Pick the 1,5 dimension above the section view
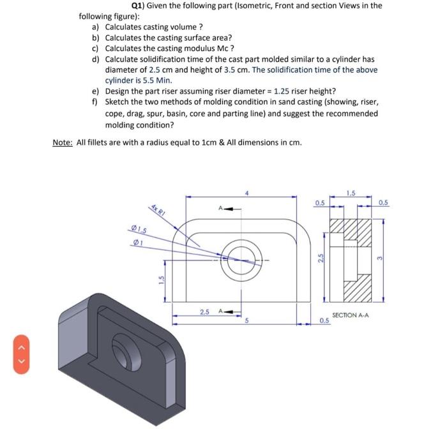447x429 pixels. (351, 193)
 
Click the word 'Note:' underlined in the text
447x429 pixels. (63, 142)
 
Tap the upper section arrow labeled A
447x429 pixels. (224, 209)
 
